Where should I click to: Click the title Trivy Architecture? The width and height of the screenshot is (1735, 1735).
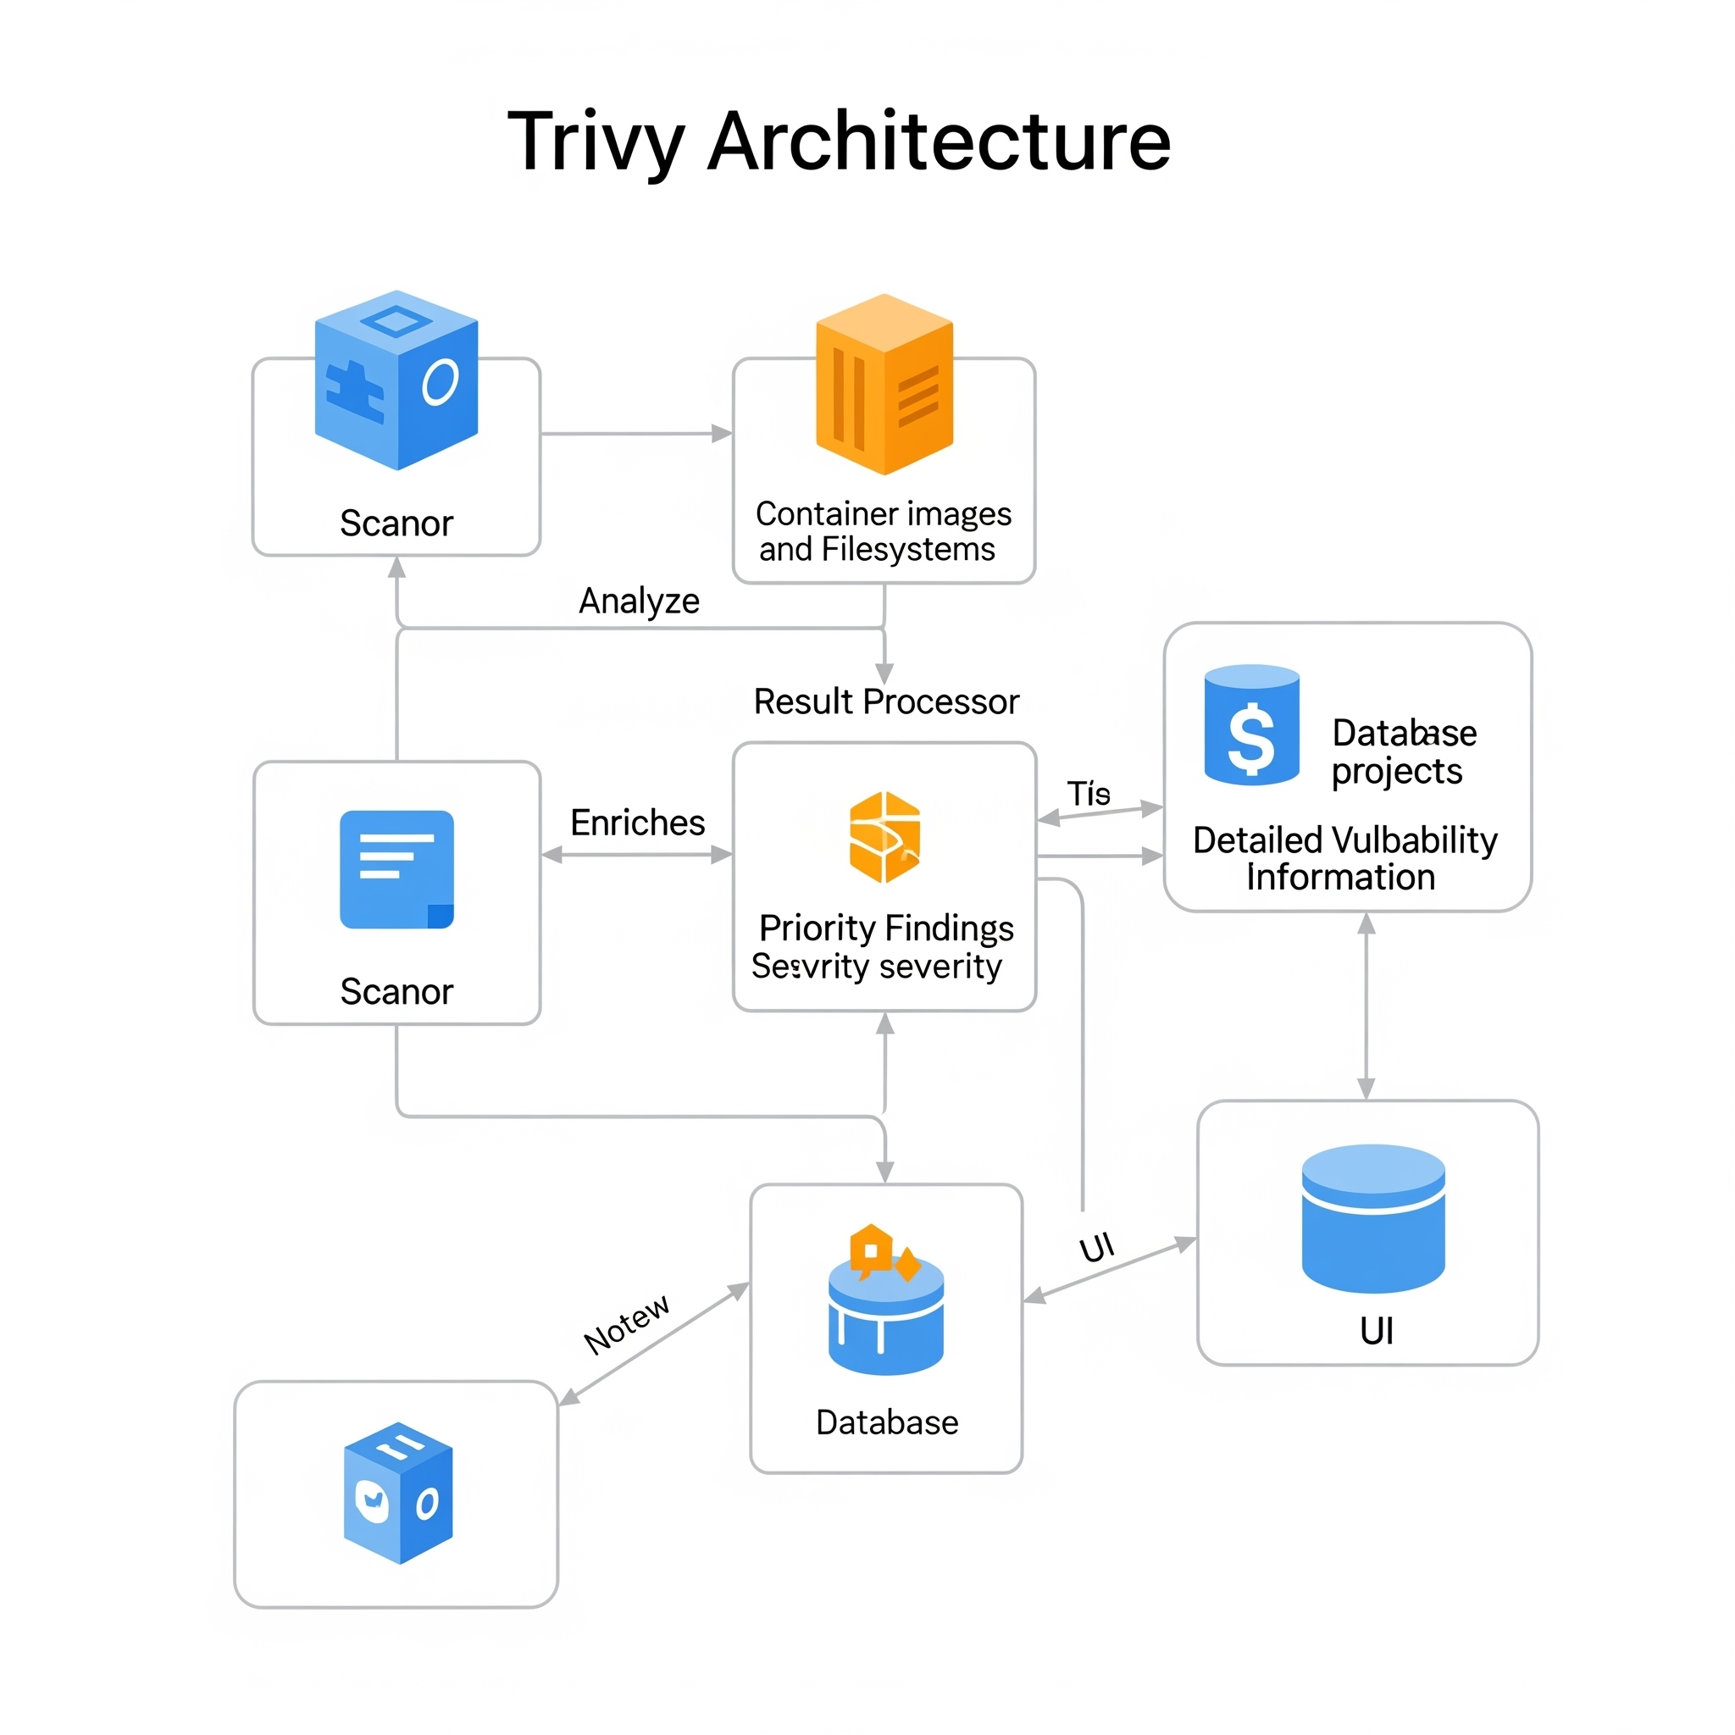coord(839,141)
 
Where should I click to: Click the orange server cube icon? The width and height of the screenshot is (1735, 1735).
coord(884,384)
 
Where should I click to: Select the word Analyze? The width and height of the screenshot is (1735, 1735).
coord(639,601)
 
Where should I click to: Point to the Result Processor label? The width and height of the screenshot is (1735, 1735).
coord(885,701)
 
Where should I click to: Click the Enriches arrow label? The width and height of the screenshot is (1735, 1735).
coord(638,823)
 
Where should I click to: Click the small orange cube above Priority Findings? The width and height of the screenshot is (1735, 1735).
coord(884,837)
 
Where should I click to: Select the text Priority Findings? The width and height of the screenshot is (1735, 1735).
coord(885,928)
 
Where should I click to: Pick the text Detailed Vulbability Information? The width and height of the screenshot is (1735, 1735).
coord(1344,858)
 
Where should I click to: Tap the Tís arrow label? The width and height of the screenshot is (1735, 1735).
coord(1089,794)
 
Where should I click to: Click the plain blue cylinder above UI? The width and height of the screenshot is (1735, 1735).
coord(1372,1217)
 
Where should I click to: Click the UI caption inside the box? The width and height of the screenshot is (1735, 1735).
coord(1376,1331)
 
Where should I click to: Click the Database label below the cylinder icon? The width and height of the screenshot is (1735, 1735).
coord(886,1422)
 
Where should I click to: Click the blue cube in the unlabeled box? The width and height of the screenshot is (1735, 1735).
coord(398,1493)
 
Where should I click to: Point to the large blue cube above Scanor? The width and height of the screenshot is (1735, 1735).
coord(396,380)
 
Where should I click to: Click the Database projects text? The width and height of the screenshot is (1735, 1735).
coord(1403,751)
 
